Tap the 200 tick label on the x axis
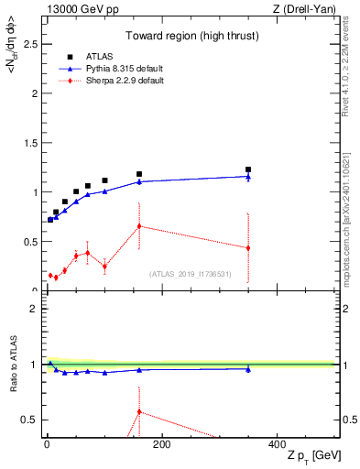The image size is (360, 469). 161,444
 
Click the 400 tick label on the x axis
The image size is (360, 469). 276,444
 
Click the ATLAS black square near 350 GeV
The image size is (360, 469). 248,169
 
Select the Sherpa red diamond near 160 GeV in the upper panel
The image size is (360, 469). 139,226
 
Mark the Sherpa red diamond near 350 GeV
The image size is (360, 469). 248,248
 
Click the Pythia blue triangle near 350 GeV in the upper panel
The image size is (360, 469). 248,176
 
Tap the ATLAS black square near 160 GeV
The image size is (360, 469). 139,174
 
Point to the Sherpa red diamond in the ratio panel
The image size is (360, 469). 139,411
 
